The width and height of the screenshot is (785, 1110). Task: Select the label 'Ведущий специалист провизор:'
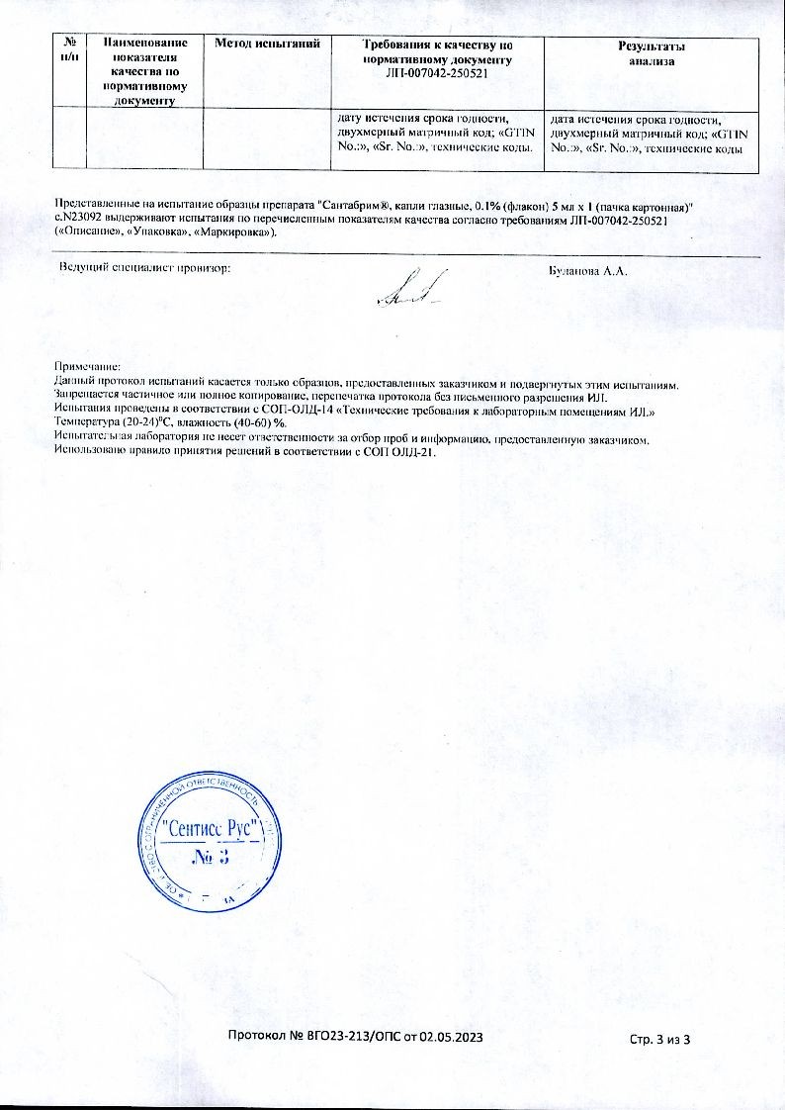(144, 267)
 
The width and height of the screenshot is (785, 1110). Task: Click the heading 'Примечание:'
(87, 366)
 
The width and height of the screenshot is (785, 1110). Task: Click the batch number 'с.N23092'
(78, 218)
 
